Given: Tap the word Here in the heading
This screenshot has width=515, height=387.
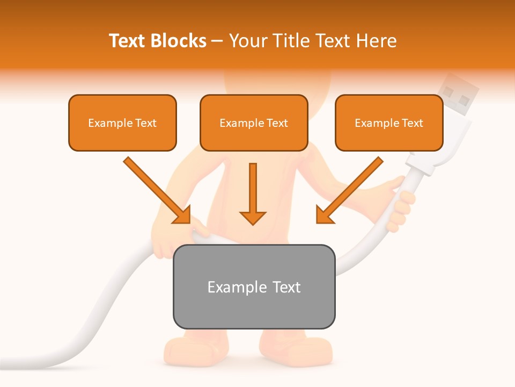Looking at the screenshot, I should tap(378, 41).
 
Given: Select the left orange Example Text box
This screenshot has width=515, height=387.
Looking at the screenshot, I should tap(122, 123).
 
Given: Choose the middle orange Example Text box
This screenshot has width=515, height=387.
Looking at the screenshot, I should tap(254, 123).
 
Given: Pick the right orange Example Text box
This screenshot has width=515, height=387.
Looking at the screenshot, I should tap(389, 123).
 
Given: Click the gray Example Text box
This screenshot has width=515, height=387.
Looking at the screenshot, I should tap(254, 286).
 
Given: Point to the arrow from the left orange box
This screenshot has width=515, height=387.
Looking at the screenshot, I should tap(156, 189).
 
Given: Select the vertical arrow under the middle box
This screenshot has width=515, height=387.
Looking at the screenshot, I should tap(253, 193).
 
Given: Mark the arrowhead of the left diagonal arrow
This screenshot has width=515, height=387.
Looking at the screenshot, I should tap(182, 215).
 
